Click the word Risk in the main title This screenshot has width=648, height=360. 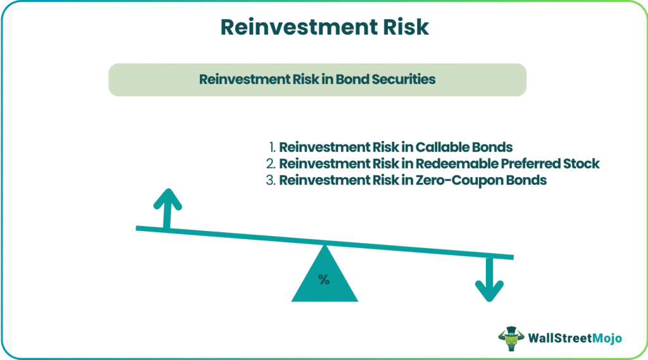[406, 27]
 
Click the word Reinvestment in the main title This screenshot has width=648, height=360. [299, 27]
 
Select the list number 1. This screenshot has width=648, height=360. [271, 147]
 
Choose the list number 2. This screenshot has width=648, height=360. [270, 164]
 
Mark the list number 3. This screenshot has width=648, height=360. [270, 180]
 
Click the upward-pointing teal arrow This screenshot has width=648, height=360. [167, 209]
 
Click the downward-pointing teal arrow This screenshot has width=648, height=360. [489, 280]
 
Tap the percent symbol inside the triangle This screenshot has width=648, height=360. [324, 280]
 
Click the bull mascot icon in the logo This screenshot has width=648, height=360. [511, 338]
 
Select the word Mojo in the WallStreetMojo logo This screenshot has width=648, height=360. [607, 338]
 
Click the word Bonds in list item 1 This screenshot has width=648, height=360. [492, 147]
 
